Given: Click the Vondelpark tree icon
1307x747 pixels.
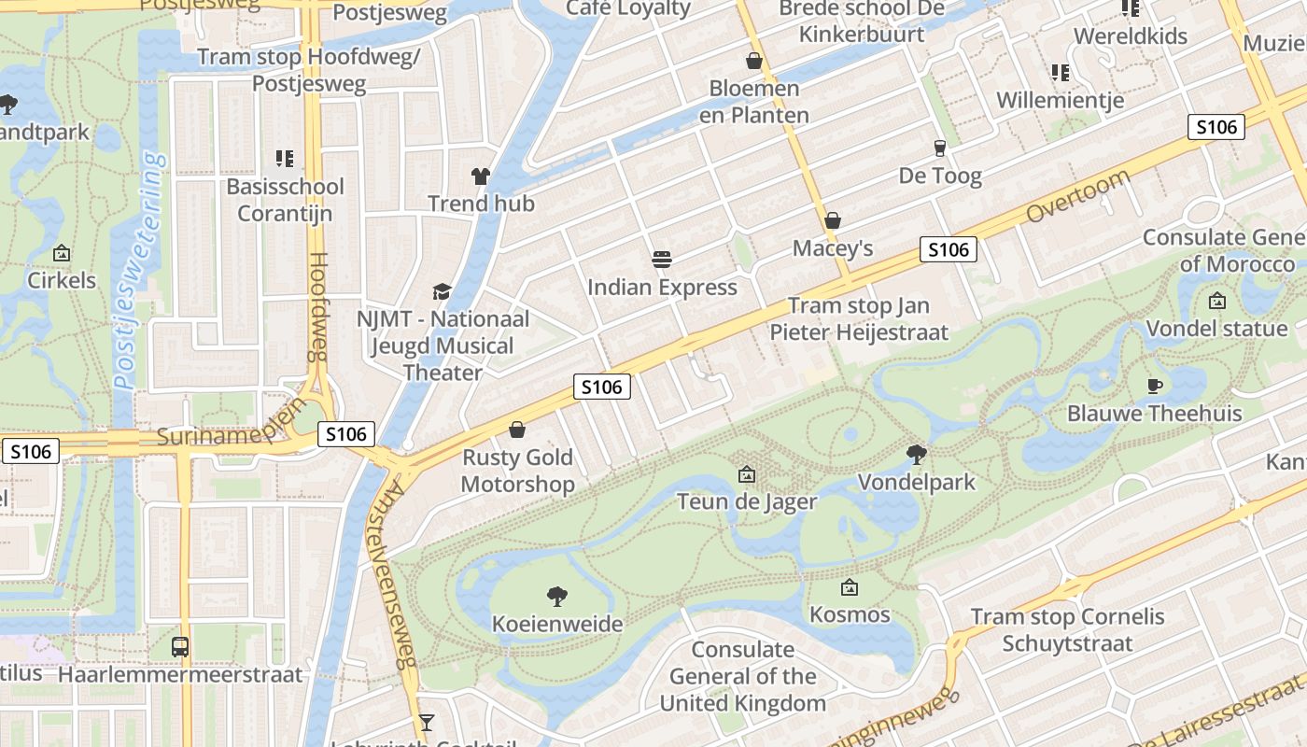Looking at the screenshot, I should pos(917,455).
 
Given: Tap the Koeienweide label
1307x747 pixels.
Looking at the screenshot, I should pos(557,623).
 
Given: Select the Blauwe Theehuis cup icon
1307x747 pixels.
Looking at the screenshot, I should pos(1155,386).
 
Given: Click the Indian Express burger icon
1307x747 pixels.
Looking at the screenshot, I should pos(662,259).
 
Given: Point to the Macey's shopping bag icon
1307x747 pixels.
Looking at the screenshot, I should pos(833,221).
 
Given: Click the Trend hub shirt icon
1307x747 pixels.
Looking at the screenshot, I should pos(480,176).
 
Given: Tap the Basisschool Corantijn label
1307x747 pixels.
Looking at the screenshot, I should pos(285,200).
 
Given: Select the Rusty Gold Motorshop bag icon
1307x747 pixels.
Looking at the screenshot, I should pos(517,430).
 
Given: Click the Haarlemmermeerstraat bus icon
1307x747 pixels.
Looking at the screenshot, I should pos(180,646).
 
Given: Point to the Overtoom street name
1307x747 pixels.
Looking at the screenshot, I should pos(1077,196).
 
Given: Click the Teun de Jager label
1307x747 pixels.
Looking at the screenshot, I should pos(747,501).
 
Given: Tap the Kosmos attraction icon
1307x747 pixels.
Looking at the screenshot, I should pos(849,587).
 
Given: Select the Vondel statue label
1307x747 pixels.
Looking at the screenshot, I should pos(1216,329).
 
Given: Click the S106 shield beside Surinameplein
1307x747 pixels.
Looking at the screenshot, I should pos(346,433).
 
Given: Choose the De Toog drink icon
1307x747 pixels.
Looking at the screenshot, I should pos(940,148).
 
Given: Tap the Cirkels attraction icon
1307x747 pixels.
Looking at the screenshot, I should pos(62,253).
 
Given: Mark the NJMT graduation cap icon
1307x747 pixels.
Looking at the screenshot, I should pos(441,291).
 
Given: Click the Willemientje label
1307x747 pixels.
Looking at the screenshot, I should pos(1060,100).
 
